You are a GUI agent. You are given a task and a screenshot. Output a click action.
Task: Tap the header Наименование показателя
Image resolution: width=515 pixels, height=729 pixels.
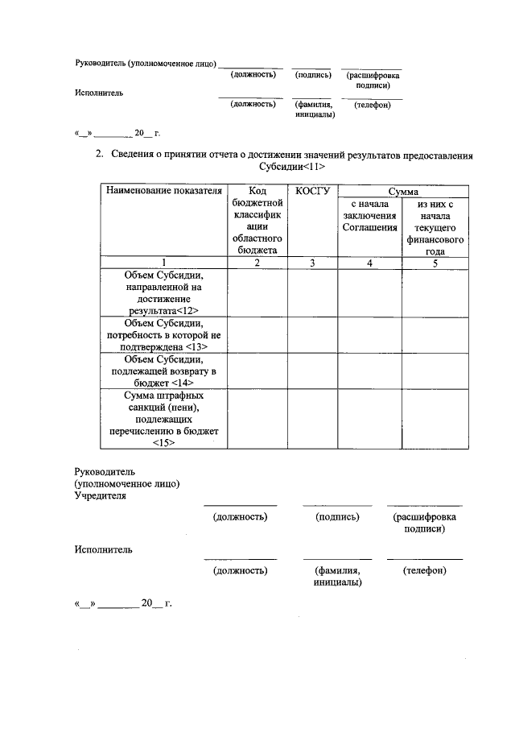click(x=163, y=191)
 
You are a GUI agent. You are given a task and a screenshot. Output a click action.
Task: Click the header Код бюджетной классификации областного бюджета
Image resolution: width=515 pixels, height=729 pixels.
click(x=257, y=221)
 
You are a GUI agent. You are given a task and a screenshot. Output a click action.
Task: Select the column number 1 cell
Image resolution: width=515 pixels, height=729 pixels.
click(x=163, y=262)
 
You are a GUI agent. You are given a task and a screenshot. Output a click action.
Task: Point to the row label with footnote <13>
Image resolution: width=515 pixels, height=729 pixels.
click(x=163, y=334)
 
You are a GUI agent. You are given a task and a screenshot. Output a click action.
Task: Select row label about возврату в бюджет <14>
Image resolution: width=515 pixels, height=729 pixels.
click(x=163, y=371)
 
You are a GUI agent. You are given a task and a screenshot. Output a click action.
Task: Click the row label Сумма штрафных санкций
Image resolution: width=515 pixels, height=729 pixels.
click(x=163, y=418)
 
